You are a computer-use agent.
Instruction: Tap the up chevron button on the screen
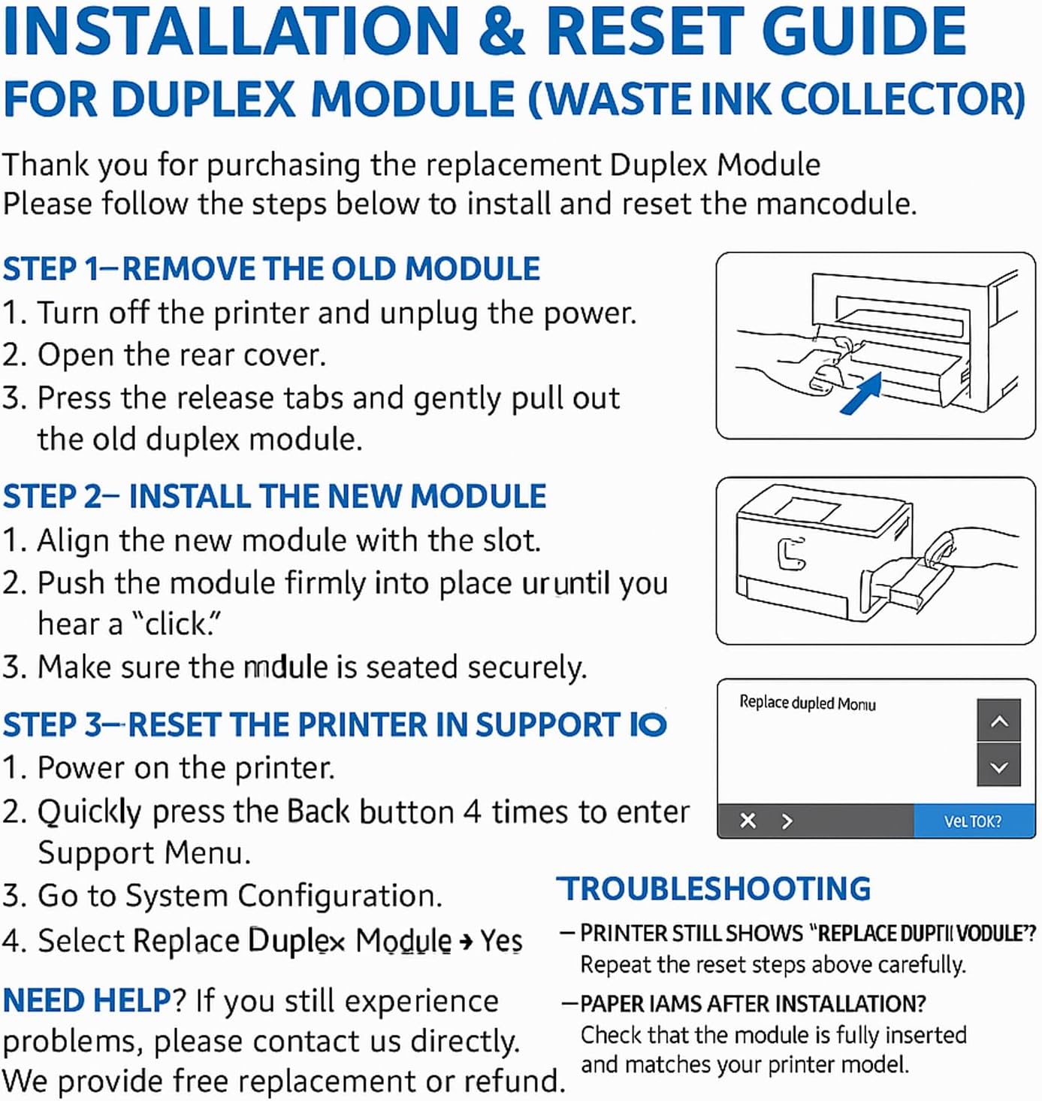pyautogui.click(x=998, y=721)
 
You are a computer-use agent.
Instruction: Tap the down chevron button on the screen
pyautogui.click(x=998, y=767)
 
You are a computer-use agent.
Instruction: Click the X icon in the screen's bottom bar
pyautogui.click(x=748, y=821)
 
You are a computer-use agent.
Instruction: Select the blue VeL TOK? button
pyautogui.click(x=973, y=821)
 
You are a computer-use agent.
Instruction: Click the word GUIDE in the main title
pyautogui.click(x=863, y=32)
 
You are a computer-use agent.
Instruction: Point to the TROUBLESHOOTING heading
pyautogui.click(x=714, y=889)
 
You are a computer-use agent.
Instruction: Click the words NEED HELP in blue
pyautogui.click(x=87, y=1001)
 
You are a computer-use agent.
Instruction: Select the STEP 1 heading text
pyautogui.click(x=270, y=269)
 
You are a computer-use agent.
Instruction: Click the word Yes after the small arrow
pyautogui.click(x=501, y=940)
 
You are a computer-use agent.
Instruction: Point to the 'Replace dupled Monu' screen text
pyautogui.click(x=808, y=703)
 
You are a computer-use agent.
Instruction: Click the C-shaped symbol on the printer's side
pyautogui.click(x=790, y=554)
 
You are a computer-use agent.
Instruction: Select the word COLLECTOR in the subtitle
pyautogui.click(x=902, y=99)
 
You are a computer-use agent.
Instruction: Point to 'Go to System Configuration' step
pyautogui.click(x=239, y=896)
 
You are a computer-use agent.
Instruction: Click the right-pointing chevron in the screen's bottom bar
pyautogui.click(x=787, y=821)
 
